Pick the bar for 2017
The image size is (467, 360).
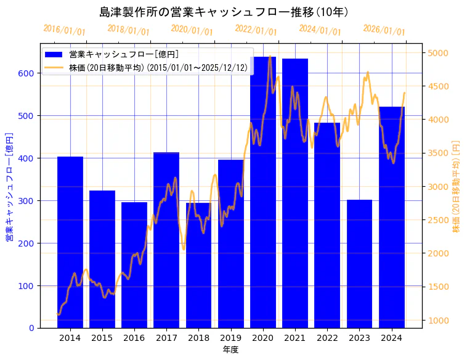pos(166,240)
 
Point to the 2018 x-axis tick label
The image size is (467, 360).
pos(198,337)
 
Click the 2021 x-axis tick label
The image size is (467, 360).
pos(295,337)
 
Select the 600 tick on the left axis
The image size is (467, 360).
pos(30,73)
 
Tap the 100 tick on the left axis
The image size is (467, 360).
pos(30,285)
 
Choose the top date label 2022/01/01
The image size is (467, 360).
pos(256,30)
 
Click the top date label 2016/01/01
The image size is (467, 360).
pos(64,30)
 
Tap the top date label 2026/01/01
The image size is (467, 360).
pos(384,30)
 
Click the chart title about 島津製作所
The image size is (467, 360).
pos(233,12)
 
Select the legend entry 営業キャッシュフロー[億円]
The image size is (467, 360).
pos(124,54)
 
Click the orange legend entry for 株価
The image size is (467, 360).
pos(158,67)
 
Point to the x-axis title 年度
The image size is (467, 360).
pos(231,350)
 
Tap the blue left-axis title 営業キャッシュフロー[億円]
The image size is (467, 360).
pos(9,186)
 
